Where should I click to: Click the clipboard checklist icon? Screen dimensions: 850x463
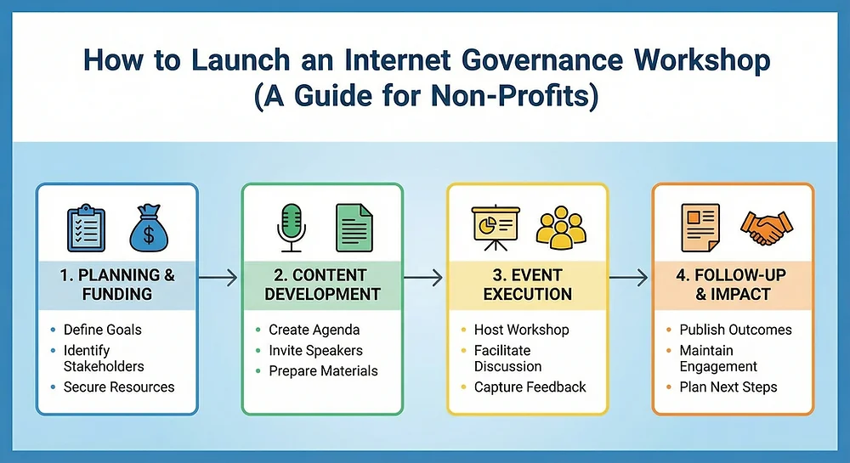pos(86,228)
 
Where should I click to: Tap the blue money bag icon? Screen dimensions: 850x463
pos(149,228)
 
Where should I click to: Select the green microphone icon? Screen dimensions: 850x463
pos(292,228)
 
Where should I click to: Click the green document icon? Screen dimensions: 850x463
pos(354,228)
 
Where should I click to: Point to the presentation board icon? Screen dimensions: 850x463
pos(496,228)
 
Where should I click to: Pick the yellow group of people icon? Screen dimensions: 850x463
pos(561,228)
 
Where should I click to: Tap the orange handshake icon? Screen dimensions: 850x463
pos(767,228)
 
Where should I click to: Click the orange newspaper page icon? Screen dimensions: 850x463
pos(700,228)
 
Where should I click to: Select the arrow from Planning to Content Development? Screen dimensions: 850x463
pos(218,278)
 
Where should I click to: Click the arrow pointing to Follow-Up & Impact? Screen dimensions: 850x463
pos(629,278)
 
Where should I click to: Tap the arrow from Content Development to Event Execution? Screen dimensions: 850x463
pos(423,278)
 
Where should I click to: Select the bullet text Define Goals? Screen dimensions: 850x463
pos(103,330)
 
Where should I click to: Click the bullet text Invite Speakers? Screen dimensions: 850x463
pos(315,350)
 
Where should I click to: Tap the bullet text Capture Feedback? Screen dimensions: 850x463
pos(530,387)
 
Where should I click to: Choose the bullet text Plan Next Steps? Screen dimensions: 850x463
pos(728,387)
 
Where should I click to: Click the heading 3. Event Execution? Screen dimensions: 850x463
pos(528,285)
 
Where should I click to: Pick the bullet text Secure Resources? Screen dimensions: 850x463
pos(119,387)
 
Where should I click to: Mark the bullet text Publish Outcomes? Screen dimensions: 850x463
pos(735,330)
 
